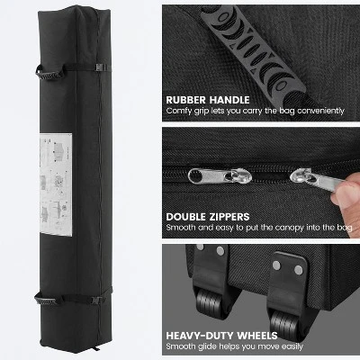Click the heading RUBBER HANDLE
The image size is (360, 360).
tap(208, 100)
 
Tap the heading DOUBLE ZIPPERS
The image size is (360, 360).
tap(208, 217)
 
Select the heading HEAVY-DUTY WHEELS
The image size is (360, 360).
tap(221, 336)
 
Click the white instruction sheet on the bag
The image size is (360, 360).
tap(56, 184)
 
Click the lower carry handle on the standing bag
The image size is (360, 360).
tap(48, 299)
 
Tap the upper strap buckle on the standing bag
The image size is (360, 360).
tap(100, 67)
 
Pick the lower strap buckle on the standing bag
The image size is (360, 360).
tap(96, 300)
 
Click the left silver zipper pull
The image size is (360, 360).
tap(220, 176)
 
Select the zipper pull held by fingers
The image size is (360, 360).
tap(318, 179)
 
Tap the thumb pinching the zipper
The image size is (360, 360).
tap(346, 192)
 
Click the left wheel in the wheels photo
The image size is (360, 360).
tap(210, 301)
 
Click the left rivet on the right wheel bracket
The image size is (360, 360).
tap(276, 265)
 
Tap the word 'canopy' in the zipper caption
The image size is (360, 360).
tap(288, 228)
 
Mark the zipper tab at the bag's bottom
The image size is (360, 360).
tap(96, 348)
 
